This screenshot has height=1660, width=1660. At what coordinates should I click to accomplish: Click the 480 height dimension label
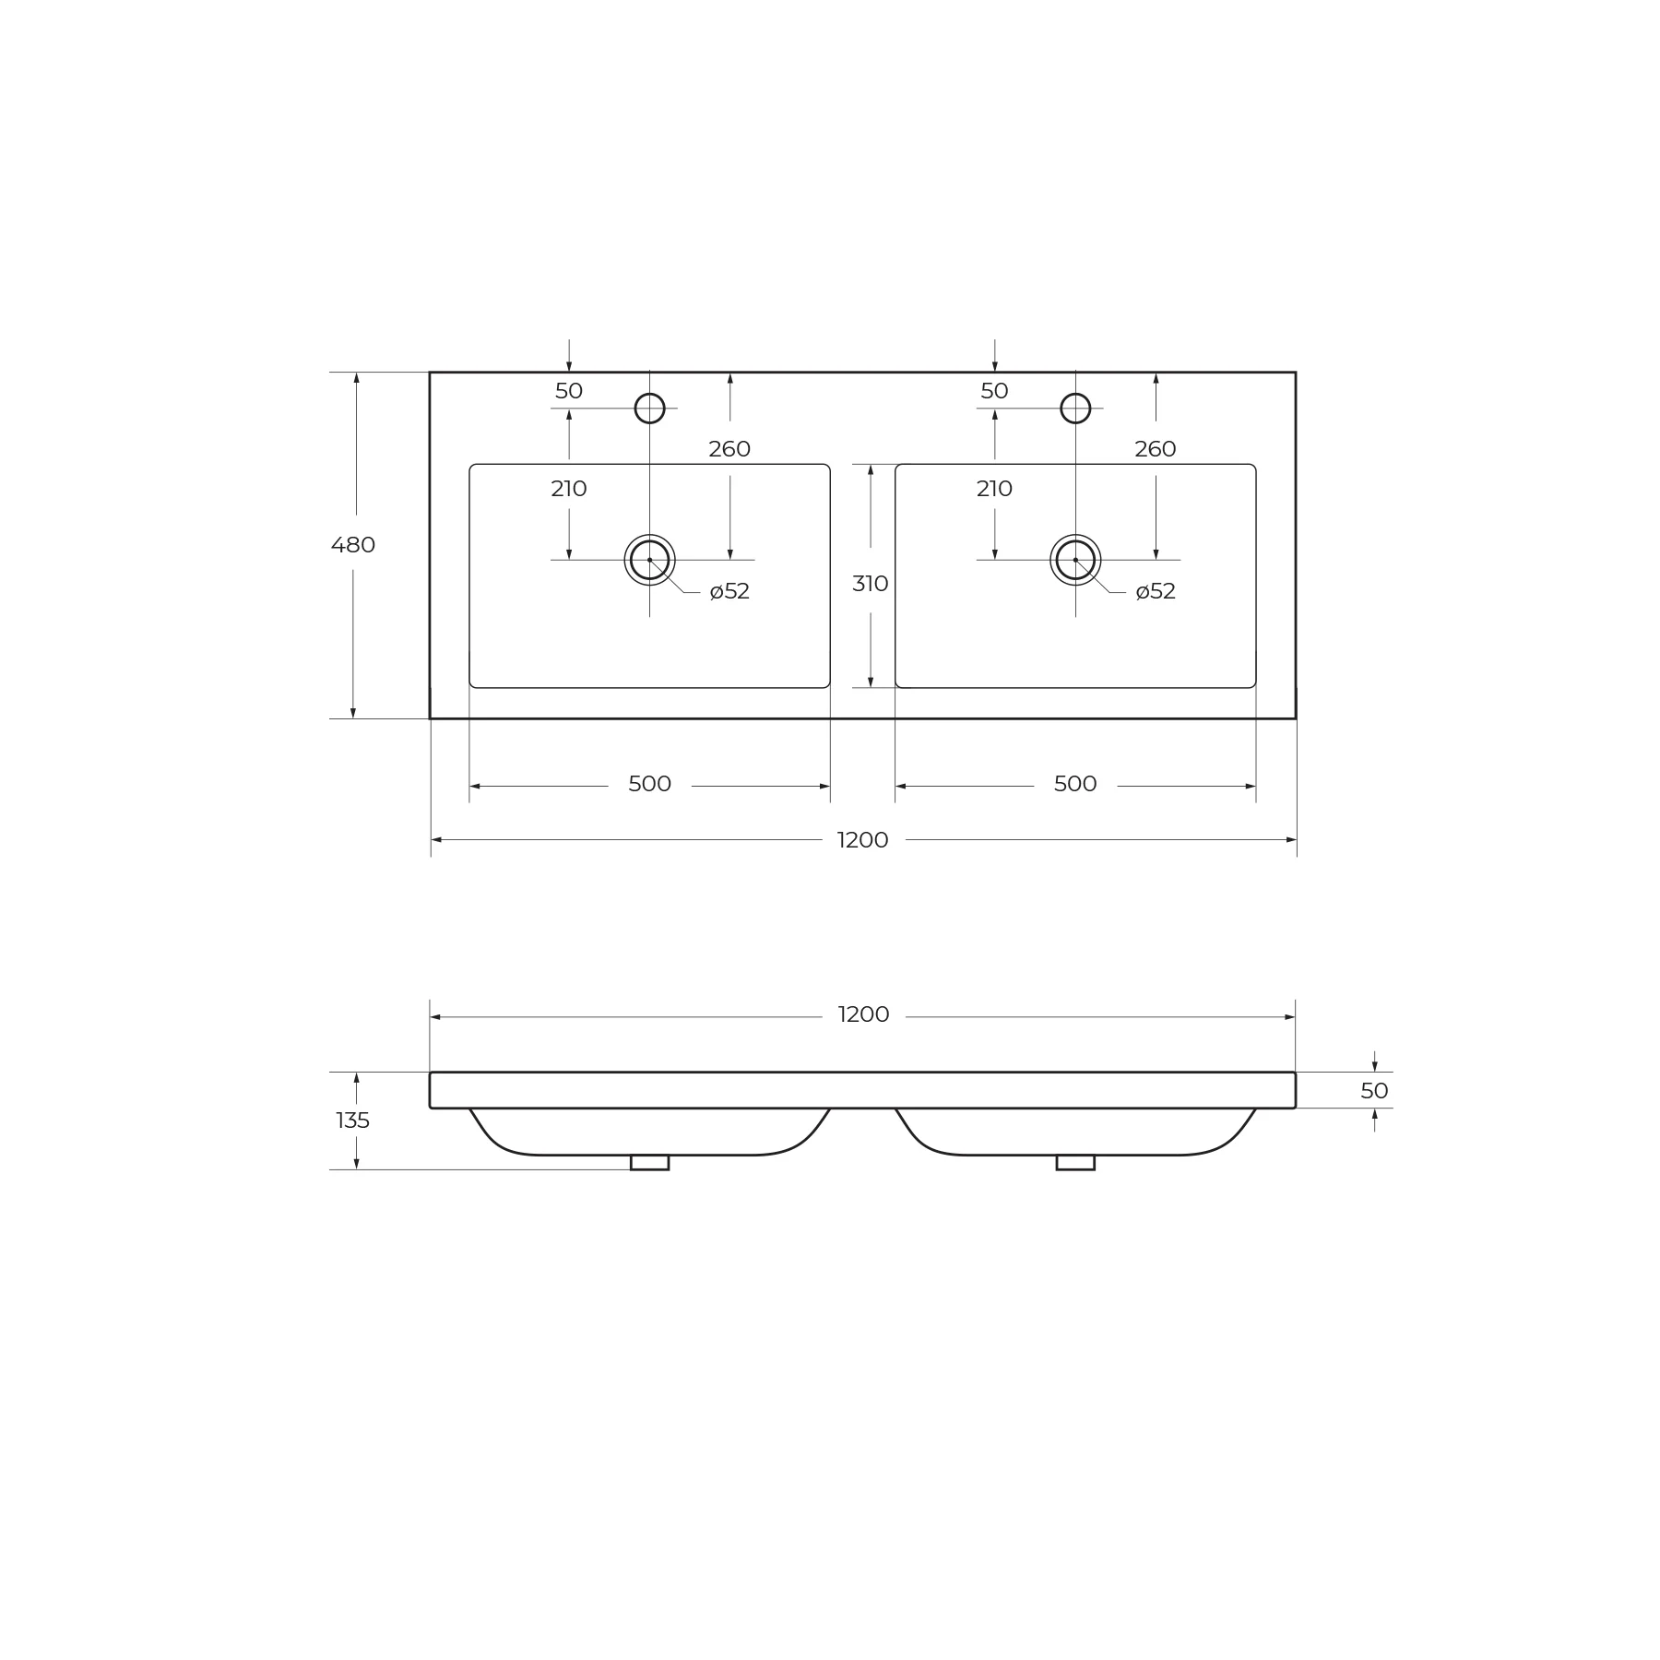click(x=353, y=545)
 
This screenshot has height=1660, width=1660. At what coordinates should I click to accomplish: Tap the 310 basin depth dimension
click(x=871, y=584)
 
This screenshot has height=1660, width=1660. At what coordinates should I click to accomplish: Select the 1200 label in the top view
click(x=863, y=840)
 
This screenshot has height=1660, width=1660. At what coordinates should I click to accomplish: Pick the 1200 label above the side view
click(x=863, y=1014)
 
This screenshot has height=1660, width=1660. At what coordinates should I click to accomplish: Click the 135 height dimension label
click(x=353, y=1120)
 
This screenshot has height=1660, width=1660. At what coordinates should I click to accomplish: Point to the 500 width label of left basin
click(x=649, y=784)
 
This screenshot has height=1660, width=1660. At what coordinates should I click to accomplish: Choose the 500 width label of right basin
click(x=1075, y=784)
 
